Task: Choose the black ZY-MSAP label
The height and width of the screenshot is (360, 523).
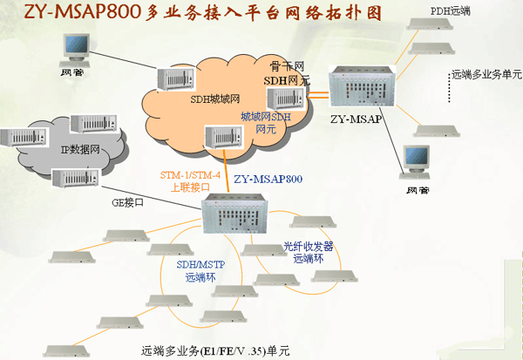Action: pyautogui.click(x=354, y=116)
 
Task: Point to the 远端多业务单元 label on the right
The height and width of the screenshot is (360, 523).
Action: pyautogui.click(x=486, y=75)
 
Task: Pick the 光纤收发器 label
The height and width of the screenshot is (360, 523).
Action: pyautogui.click(x=309, y=247)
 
